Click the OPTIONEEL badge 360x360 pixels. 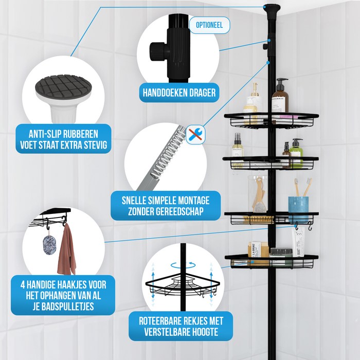[x=209, y=25]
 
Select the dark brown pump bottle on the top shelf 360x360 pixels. [x=280, y=96]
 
